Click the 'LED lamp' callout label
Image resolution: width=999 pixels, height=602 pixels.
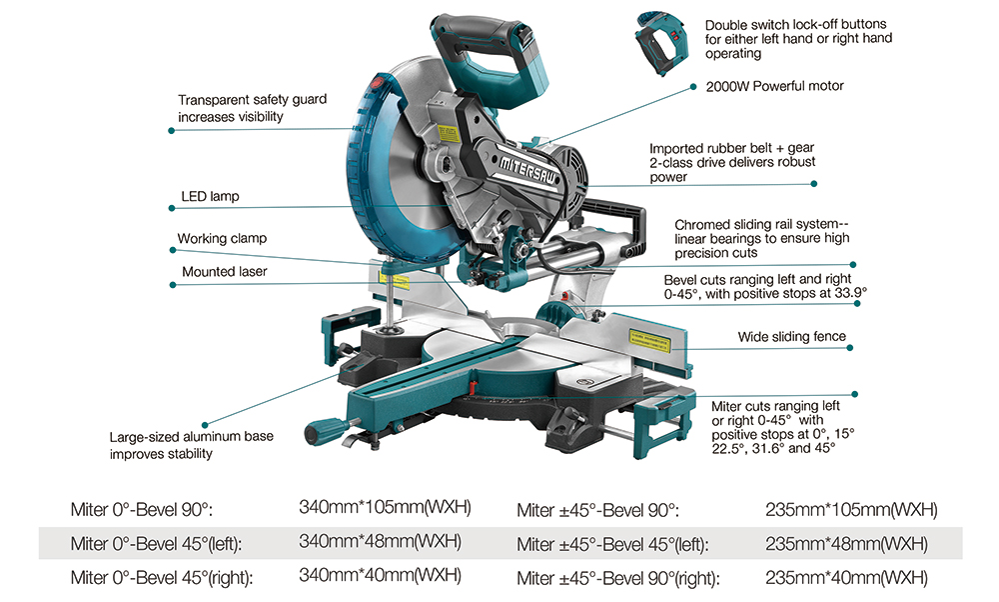(x=210, y=197)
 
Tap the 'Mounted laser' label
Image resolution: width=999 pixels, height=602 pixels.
(x=224, y=271)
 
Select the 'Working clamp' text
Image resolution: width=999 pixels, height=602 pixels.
(x=222, y=239)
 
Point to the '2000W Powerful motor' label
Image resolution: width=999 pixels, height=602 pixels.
(x=774, y=86)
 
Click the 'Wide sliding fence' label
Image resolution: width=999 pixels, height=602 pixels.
(x=791, y=337)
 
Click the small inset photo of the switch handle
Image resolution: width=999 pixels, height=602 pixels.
(x=661, y=43)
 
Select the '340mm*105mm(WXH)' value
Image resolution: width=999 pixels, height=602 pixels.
(x=385, y=507)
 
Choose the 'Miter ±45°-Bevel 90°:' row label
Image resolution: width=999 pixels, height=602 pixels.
(x=597, y=510)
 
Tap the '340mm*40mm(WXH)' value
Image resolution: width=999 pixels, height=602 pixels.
(x=381, y=576)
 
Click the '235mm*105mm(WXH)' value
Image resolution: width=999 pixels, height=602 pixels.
(x=850, y=510)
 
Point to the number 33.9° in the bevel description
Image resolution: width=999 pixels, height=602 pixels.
(x=848, y=294)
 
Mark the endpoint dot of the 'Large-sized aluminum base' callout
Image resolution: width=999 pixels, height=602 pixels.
(x=206, y=423)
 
